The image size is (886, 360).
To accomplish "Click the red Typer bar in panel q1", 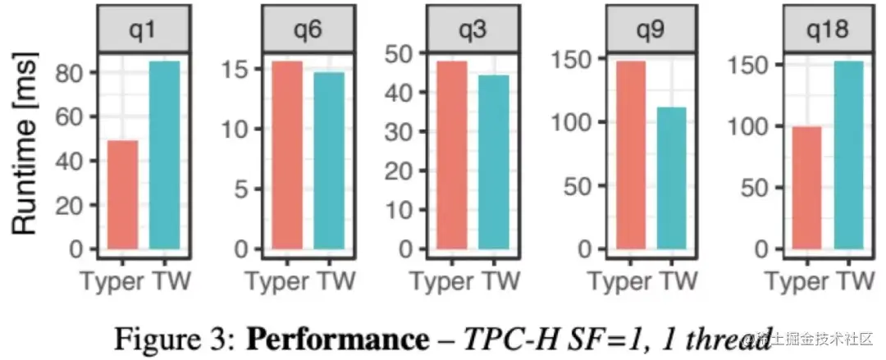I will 123,194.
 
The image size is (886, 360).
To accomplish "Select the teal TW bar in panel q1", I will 165,155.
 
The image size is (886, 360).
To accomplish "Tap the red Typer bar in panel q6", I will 287,155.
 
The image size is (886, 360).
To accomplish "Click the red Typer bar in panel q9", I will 630,155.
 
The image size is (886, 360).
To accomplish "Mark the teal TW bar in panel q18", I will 849,155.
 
